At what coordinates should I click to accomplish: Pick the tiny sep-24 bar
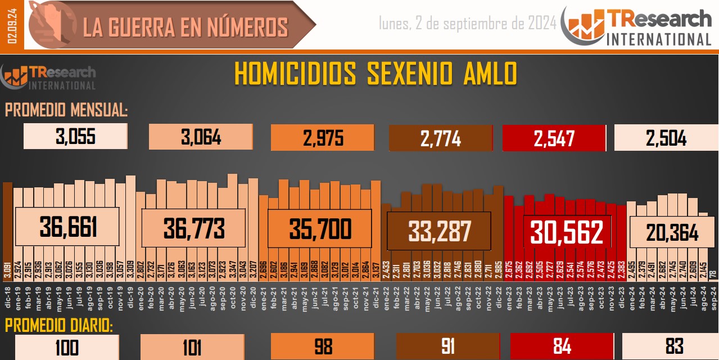click(x=713, y=274)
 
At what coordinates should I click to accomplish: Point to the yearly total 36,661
click(x=68, y=227)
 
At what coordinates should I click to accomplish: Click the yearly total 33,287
click(x=439, y=231)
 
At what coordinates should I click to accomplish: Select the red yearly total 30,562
click(x=567, y=232)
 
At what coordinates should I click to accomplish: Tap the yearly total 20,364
click(x=672, y=232)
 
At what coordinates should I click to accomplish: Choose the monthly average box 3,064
click(x=200, y=137)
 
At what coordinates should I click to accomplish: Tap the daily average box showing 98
click(x=323, y=346)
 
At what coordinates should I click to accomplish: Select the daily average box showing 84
click(x=562, y=346)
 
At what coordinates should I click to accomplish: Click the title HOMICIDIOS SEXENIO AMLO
click(x=375, y=74)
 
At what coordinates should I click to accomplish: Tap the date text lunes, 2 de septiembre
click(x=468, y=23)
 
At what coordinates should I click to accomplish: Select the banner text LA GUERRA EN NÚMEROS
click(x=186, y=27)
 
